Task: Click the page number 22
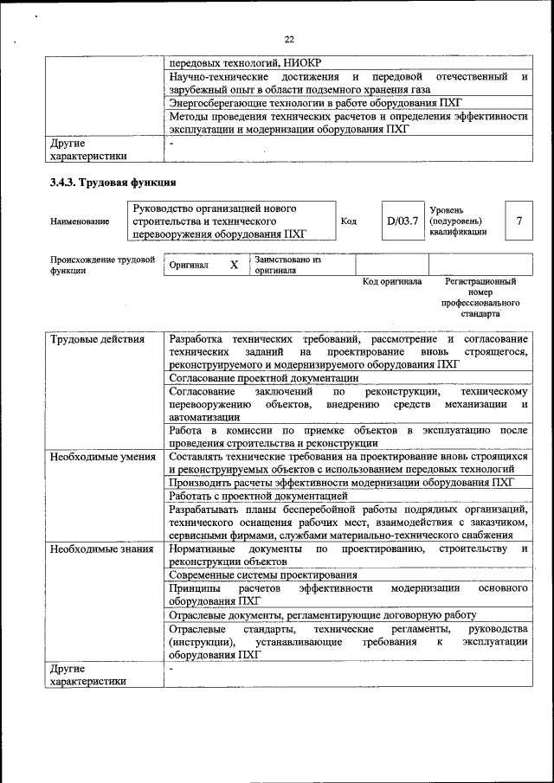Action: (288, 39)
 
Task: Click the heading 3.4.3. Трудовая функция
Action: (113, 183)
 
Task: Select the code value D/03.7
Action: (403, 221)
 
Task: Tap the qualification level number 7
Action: (519, 221)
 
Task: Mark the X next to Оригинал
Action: (234, 265)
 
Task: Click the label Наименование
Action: (80, 221)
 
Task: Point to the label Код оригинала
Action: (392, 281)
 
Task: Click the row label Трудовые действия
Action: (96, 339)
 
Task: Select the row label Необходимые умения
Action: (102, 456)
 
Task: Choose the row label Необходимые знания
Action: (101, 549)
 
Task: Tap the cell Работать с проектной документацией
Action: (258, 496)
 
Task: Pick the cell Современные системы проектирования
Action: (262, 574)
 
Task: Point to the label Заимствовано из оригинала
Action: (287, 265)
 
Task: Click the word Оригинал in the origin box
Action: (189, 265)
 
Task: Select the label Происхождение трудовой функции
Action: (102, 265)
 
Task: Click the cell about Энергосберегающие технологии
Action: (316, 102)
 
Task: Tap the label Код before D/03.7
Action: (349, 221)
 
